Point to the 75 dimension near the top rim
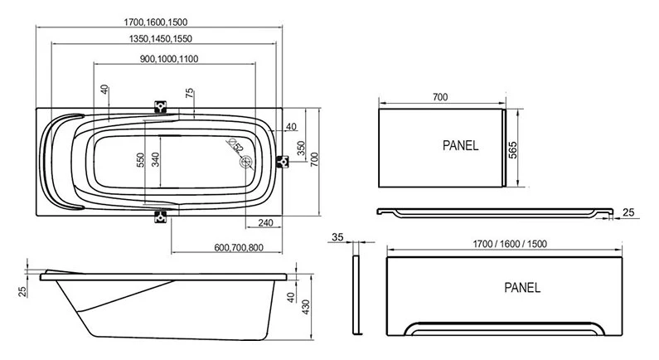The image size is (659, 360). tap(190, 94)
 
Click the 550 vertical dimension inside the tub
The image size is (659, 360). tap(140, 159)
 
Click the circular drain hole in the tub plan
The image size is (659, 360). tap(245, 162)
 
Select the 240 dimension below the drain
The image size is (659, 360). tap(265, 223)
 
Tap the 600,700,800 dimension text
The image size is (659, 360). tap(238, 246)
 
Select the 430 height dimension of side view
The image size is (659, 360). tap(307, 306)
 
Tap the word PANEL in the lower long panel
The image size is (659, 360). tap(522, 288)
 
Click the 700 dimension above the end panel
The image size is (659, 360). tap(439, 97)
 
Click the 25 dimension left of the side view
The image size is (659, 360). tap(21, 289)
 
